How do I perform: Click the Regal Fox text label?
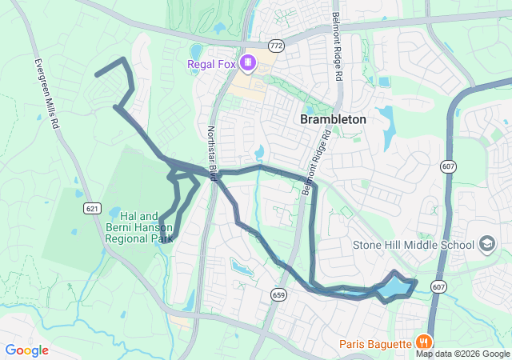211,64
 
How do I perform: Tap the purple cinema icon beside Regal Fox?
248,62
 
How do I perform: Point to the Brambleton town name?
333,119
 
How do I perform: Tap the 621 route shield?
93,208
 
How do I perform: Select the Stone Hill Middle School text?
414,244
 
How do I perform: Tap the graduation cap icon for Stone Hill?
486,243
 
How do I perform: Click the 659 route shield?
278,294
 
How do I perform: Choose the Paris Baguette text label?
374,344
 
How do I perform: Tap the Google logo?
26,350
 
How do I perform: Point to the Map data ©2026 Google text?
462,354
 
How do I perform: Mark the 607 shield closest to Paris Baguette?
438,286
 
